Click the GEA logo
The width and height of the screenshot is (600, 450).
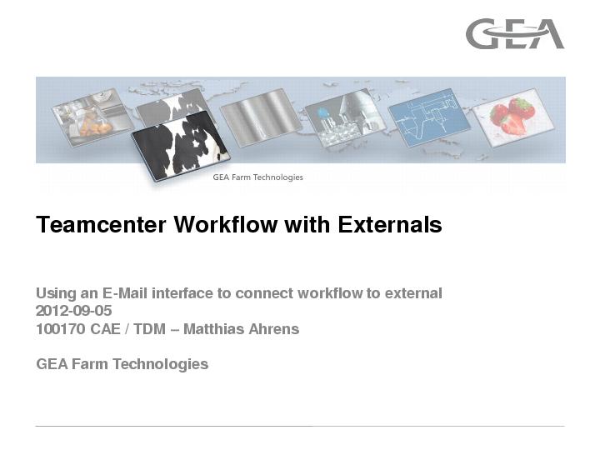(x=515, y=33)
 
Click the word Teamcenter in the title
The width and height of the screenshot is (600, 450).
(x=101, y=224)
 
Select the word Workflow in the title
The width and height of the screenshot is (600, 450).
(x=226, y=224)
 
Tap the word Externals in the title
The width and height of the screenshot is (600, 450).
(x=389, y=224)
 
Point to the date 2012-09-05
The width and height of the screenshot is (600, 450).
(x=74, y=311)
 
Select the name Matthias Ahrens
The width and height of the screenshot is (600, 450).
(x=241, y=329)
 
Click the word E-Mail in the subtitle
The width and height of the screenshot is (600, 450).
(x=125, y=293)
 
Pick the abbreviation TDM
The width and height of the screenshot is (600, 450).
(x=149, y=329)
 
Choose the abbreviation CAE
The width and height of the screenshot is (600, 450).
(x=106, y=329)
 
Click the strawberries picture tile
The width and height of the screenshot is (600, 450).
(x=513, y=117)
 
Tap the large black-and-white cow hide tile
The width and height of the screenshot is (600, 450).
(x=181, y=146)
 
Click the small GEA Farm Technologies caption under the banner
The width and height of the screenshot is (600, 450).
(x=257, y=177)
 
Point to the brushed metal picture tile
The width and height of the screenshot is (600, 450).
(x=261, y=117)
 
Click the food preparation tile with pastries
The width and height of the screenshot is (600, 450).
(x=92, y=117)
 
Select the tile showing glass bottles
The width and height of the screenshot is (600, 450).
(x=345, y=117)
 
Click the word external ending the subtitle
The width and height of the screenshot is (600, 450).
(x=413, y=293)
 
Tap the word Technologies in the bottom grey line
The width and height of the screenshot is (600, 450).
(x=160, y=364)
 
